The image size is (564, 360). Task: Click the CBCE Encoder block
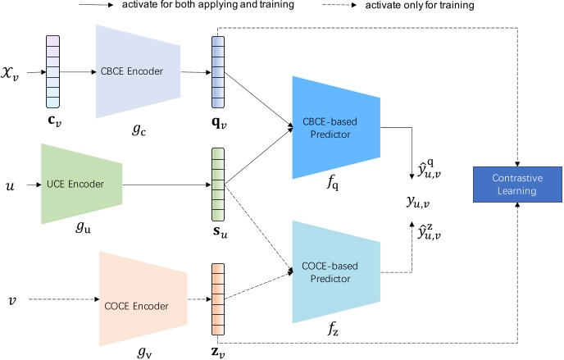click(x=138, y=71)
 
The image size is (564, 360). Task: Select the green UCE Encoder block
click(x=80, y=184)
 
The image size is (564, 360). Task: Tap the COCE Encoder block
click(x=139, y=306)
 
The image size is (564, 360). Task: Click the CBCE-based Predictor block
click(x=335, y=127)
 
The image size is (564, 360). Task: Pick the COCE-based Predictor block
click(x=335, y=266)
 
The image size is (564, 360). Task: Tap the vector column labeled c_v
click(x=52, y=72)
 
